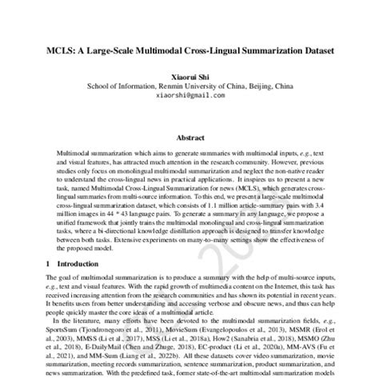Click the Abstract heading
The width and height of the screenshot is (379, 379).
pos(189,138)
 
